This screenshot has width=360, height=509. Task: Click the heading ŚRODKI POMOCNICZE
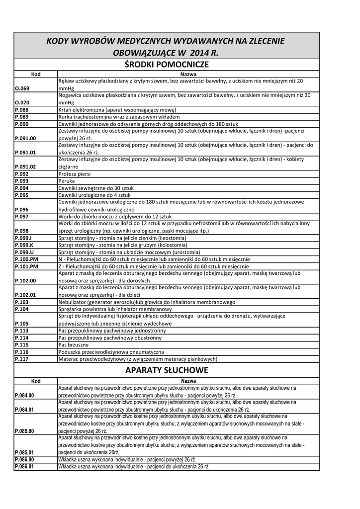pos(167,65)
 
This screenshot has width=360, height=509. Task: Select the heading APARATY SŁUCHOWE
pos(167,370)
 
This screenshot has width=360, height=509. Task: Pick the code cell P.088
pos(22,109)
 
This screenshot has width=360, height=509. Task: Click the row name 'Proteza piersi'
pos(75,174)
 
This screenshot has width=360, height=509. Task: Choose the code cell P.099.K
pos(24,245)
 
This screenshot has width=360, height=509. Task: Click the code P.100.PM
pos(27,259)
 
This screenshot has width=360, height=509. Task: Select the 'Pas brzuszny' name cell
pos(74,344)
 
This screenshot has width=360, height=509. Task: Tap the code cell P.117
pos(22,358)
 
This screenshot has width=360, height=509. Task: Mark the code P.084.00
pos(24,395)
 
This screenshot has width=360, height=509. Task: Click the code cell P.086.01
pos(24,467)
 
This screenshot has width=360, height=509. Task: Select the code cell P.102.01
pos(25,295)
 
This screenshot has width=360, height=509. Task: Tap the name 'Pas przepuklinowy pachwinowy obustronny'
pos(110,338)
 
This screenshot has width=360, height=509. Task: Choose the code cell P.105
pos(22,323)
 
